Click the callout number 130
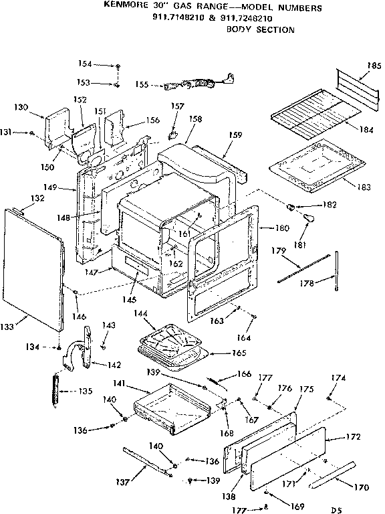21,107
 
